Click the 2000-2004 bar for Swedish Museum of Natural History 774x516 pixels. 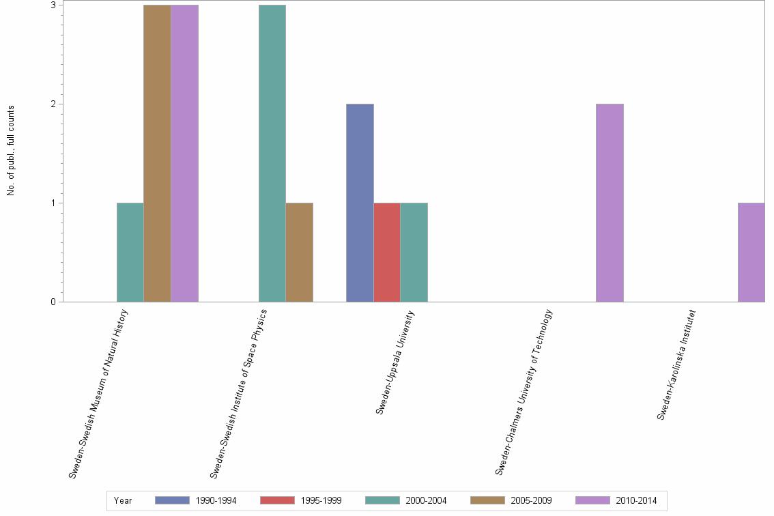point(130,253)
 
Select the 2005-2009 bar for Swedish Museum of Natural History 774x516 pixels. point(158,154)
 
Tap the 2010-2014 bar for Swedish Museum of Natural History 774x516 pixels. point(185,154)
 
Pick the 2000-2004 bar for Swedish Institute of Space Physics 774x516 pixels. point(272,154)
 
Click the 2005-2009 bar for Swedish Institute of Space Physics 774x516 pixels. point(300,253)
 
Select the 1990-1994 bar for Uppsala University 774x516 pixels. point(360,203)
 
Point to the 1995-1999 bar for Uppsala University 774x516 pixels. point(387,253)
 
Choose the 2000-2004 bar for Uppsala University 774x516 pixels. point(414,253)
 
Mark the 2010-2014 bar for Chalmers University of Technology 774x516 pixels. point(610,203)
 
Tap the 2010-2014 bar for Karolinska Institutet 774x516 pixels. point(751,253)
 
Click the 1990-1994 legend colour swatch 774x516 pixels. point(172,500)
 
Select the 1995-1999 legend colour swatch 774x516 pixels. point(277,500)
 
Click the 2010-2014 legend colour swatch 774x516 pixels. point(592,500)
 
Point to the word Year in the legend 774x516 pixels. point(124,501)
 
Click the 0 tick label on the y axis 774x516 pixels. point(53,302)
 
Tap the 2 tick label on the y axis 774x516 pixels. point(53,104)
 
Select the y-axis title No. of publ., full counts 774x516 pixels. point(11,151)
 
